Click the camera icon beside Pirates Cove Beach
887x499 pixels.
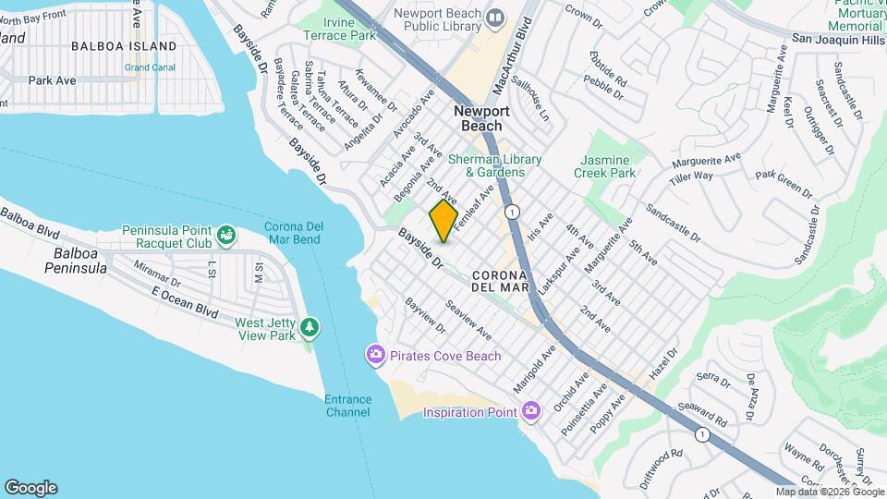tap(375, 355)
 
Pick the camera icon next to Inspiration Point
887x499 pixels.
tap(531, 410)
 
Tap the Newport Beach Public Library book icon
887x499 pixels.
tap(496, 18)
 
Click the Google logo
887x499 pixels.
tap(30, 488)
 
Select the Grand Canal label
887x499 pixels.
tap(150, 67)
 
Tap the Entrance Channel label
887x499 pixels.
tap(348, 406)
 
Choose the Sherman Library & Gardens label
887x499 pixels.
tap(486, 165)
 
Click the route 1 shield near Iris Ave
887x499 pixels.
tap(513, 212)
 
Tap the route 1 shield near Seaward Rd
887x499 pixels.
tap(704, 434)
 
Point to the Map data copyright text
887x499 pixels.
tap(829, 492)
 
